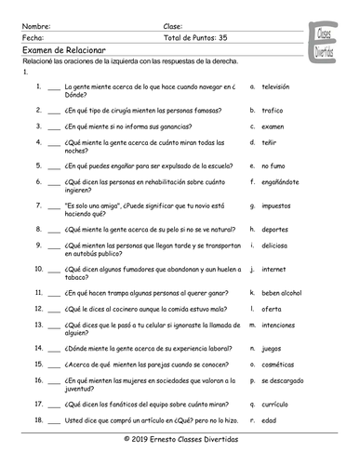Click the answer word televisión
click(276, 86)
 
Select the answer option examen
click(273, 125)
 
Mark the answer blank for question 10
click(53, 270)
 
